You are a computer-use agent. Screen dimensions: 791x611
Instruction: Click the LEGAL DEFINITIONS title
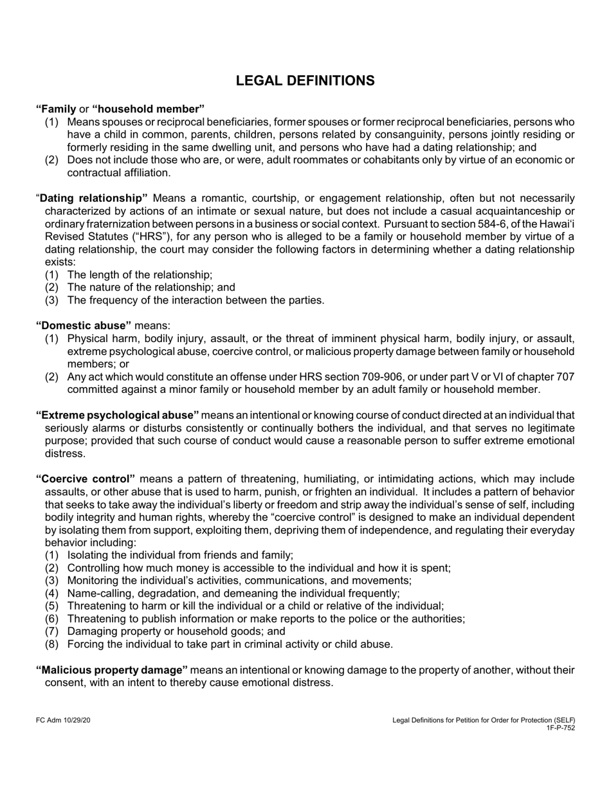coord(305,81)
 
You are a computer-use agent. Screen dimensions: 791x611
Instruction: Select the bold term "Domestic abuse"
coord(84,325)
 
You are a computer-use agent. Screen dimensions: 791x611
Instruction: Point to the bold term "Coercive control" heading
coord(86,479)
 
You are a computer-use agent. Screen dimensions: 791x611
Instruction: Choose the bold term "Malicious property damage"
coord(112,670)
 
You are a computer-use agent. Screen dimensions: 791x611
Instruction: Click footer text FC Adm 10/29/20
coord(63,720)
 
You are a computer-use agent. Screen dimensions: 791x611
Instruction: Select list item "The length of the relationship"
coord(140,275)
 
